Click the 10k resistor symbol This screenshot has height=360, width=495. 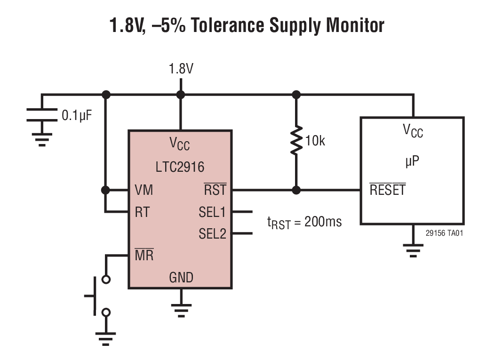coord(296,140)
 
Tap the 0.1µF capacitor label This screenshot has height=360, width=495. coord(77,114)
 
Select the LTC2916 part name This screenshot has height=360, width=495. coord(180,167)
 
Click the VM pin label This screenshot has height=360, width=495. coord(144,190)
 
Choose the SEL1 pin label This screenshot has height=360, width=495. coord(212,212)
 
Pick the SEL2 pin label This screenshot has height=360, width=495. coord(212,233)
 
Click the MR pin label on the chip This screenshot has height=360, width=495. coord(144,256)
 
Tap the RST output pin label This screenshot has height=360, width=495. coord(215,190)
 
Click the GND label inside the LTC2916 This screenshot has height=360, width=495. coord(181,277)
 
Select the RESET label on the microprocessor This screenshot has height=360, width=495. coord(387,191)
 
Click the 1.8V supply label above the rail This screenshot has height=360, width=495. coord(181,69)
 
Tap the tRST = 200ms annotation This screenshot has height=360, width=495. coord(304,222)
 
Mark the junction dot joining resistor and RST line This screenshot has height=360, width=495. coord(296,190)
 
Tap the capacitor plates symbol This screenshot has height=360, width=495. coord(42,115)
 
